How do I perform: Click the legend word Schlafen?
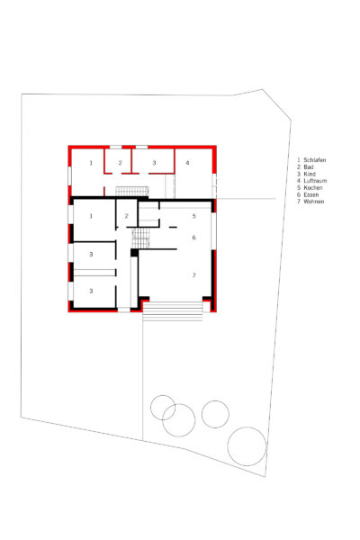tap(314, 160)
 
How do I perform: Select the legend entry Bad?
tap(309, 167)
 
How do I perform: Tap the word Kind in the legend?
tap(310, 174)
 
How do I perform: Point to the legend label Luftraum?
tap(315, 181)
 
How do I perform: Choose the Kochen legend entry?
tap(313, 188)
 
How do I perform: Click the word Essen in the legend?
tap(311, 194)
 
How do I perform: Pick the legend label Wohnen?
tap(314, 202)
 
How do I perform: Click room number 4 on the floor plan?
tap(187, 163)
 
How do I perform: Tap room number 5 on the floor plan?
tap(194, 216)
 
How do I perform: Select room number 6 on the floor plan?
tap(194, 238)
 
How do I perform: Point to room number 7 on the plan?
tap(194, 275)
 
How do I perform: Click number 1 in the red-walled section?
tap(91, 163)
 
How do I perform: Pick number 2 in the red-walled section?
tap(120, 163)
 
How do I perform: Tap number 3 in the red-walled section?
tap(154, 163)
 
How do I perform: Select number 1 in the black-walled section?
tap(91, 216)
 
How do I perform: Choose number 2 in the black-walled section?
tap(126, 216)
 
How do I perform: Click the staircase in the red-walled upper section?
tap(132, 191)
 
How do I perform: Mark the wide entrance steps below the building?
tap(173, 311)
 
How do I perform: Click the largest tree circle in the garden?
tap(247, 446)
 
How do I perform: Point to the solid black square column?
tap(134, 252)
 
